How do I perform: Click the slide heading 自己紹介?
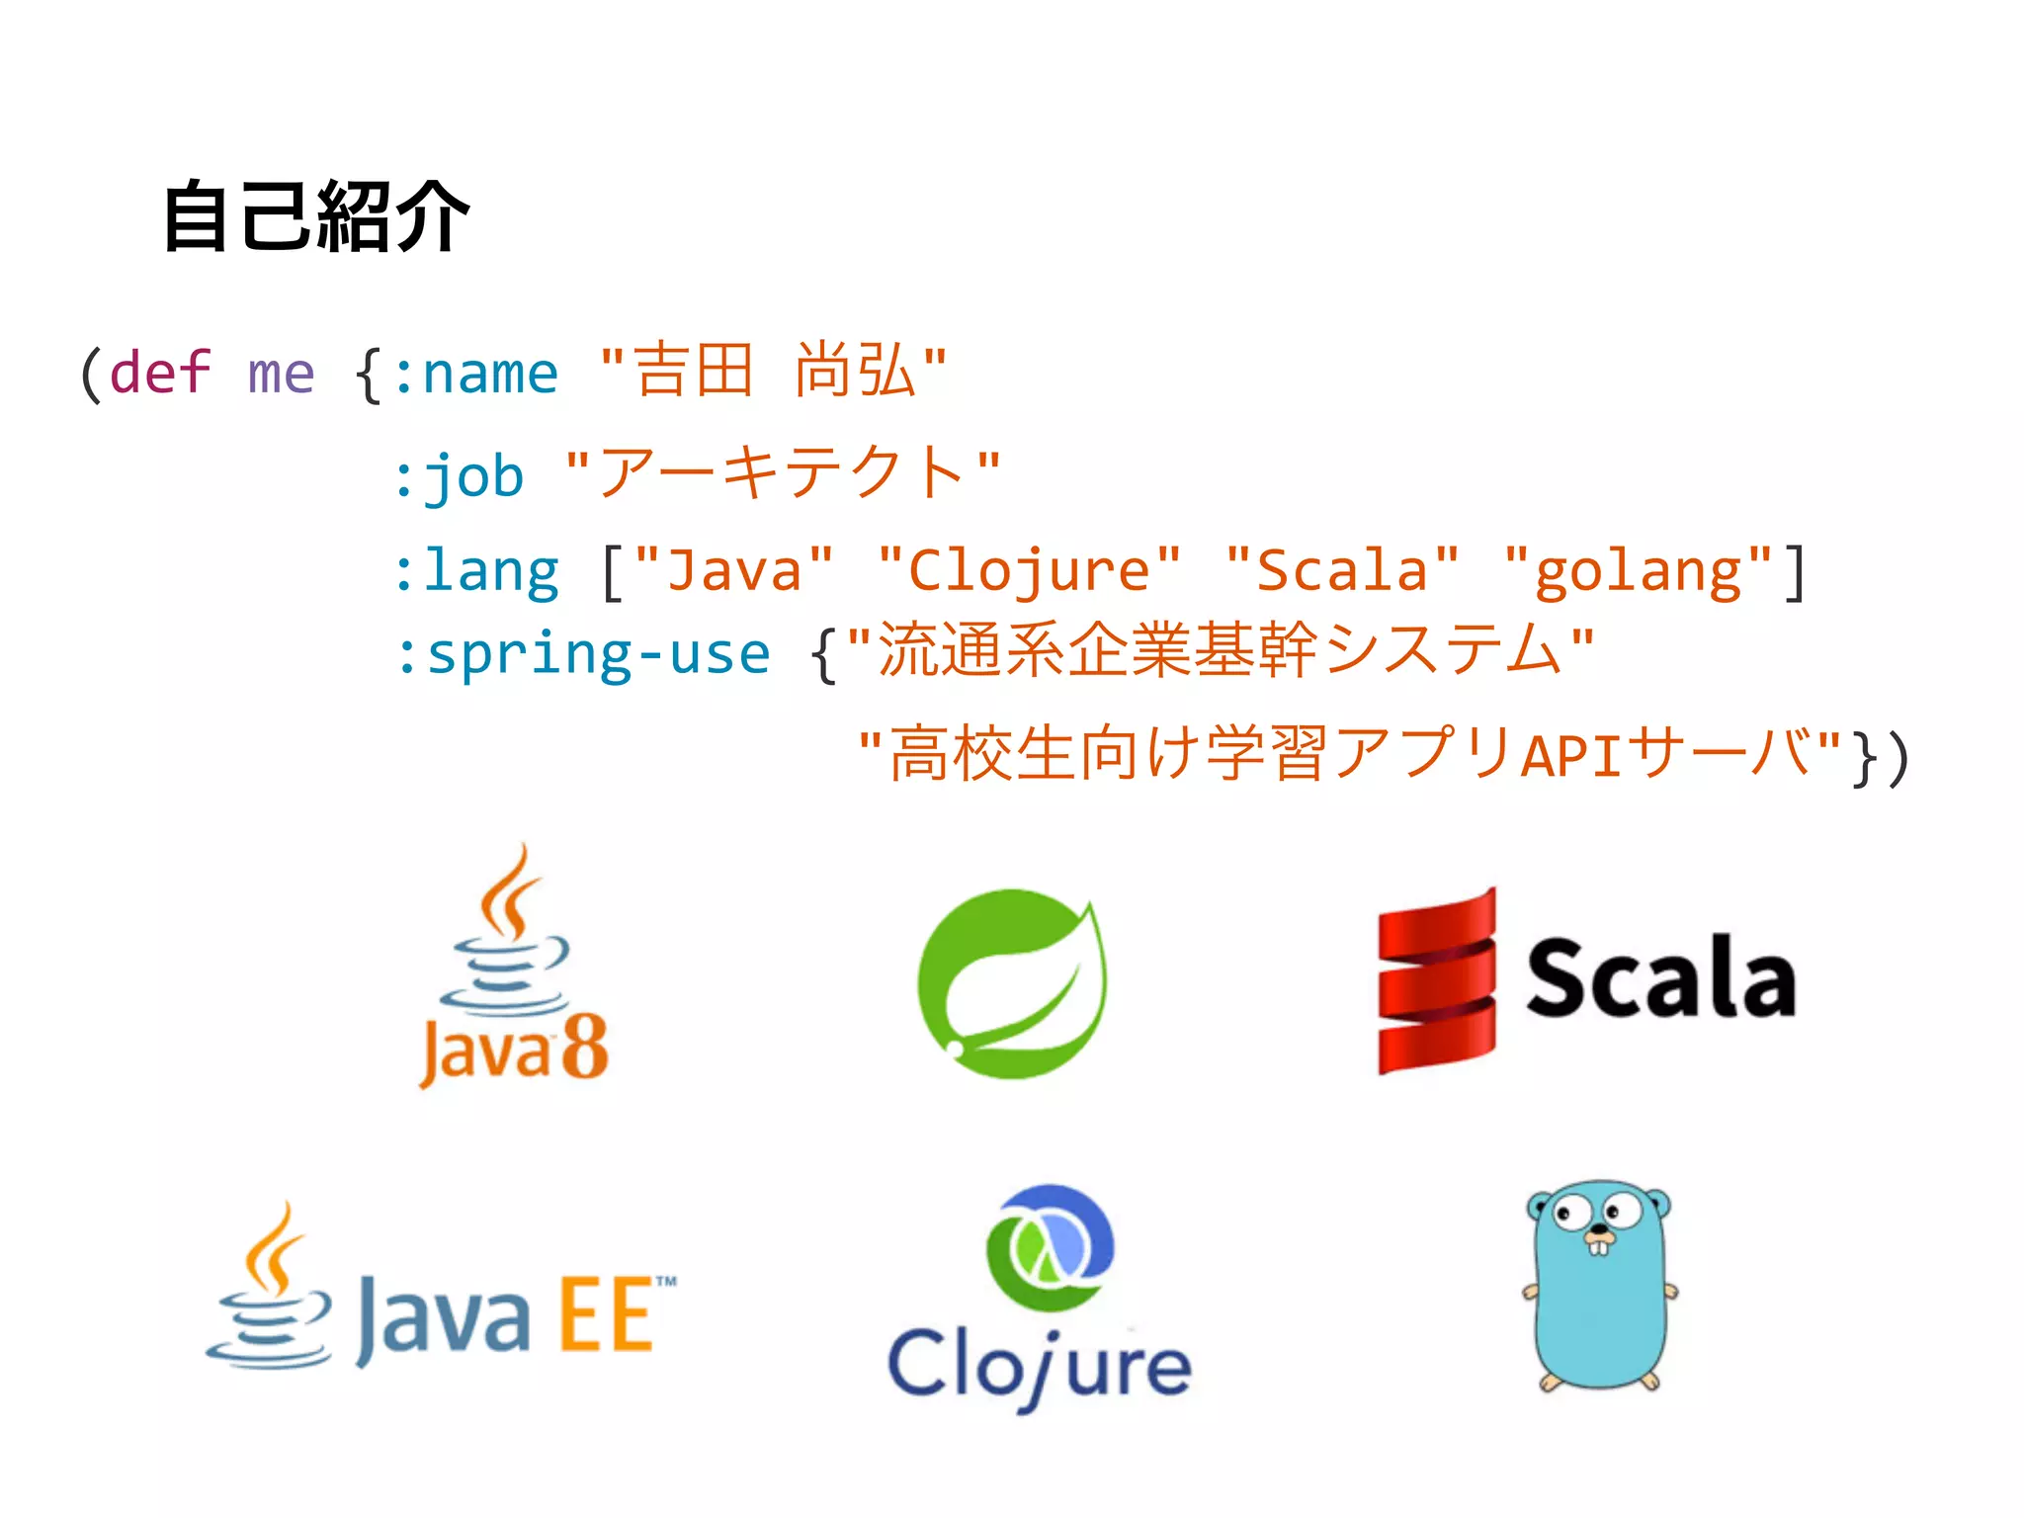click(x=315, y=216)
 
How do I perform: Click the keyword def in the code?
click(x=160, y=374)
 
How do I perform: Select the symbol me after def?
click(x=281, y=374)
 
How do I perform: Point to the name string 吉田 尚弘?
click(x=773, y=372)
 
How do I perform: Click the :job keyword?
click(x=459, y=476)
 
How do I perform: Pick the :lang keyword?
click(x=476, y=571)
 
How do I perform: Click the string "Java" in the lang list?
click(x=734, y=571)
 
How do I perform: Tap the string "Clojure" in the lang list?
click(x=1029, y=571)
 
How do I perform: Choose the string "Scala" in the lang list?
click(x=1342, y=571)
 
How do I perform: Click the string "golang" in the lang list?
click(x=1638, y=571)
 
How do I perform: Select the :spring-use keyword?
click(x=582, y=654)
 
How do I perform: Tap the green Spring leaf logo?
click(x=1012, y=983)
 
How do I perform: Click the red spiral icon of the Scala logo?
click(x=1437, y=981)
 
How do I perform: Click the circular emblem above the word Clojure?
click(x=1049, y=1247)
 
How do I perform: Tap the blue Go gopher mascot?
click(x=1599, y=1285)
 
